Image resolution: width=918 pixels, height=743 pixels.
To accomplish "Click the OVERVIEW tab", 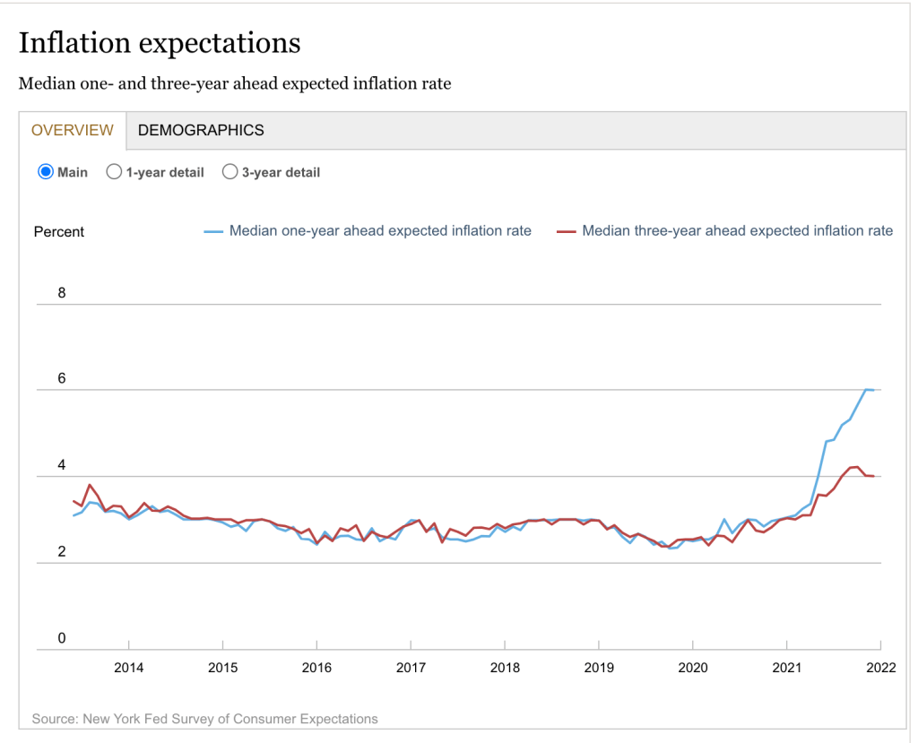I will pos(73,130).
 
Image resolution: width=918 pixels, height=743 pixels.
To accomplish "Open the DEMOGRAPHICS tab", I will pos(201,130).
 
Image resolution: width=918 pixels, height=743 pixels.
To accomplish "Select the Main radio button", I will pos(46,172).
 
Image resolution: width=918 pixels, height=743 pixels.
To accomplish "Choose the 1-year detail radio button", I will pos(114,172).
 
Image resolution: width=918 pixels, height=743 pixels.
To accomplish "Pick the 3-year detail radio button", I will pos(229,172).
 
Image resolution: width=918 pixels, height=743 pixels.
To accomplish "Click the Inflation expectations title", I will pos(160,43).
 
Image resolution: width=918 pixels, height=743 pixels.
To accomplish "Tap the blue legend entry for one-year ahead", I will pos(368,231).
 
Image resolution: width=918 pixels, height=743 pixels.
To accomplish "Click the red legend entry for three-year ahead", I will pos(725,231).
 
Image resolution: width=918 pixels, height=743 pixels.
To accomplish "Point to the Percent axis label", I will pos(59,232).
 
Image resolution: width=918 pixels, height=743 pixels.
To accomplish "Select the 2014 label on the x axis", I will pos(129,668).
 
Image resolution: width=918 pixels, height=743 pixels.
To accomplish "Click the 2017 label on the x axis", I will pos(411,668).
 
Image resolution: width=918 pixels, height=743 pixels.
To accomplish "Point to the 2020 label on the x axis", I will pos(693,668).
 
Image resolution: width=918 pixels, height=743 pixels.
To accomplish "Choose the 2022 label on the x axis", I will pos(880,668).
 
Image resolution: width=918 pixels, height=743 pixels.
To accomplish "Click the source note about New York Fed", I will pos(204,719).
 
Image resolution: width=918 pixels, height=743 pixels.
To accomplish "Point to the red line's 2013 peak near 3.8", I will pos(90,485).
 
